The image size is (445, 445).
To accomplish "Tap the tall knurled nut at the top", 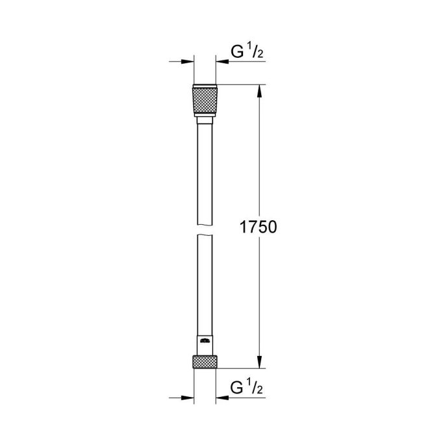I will point(205,99).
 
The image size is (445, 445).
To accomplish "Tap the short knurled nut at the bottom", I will point(205,362).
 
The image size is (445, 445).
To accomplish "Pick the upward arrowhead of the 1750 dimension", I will point(260,91).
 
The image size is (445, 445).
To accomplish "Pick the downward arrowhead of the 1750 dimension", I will point(260,364).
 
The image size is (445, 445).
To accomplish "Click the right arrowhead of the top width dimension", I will point(222,62).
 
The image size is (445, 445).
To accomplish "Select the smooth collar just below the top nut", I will point(205,118).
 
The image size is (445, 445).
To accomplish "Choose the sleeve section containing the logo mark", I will point(205,344).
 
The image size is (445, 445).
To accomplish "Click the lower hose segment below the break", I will point(205,286).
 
